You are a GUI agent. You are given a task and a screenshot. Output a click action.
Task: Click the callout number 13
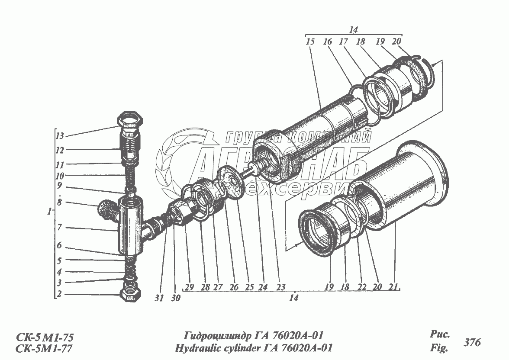pyautogui.click(x=60, y=135)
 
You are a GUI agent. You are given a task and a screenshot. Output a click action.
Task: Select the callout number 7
pyautogui.click(x=60, y=227)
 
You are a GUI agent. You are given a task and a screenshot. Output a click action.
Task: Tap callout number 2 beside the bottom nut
pyautogui.click(x=60, y=295)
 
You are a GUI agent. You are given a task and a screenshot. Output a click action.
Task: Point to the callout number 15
pyautogui.click(x=310, y=42)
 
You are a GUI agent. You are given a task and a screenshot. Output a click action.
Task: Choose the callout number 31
pyautogui.click(x=160, y=298)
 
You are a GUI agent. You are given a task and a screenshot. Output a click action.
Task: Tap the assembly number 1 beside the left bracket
pyautogui.click(x=51, y=212)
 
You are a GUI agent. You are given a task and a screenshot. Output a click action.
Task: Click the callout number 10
pyautogui.click(x=60, y=176)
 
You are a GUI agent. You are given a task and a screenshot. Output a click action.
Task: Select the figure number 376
pyautogui.click(x=472, y=342)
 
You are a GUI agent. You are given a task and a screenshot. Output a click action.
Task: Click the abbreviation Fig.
pyautogui.click(x=439, y=347)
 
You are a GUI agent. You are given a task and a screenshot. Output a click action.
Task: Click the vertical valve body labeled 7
pyautogui.click(x=129, y=225)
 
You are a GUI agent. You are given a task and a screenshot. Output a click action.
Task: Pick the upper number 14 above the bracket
pyautogui.click(x=353, y=30)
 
